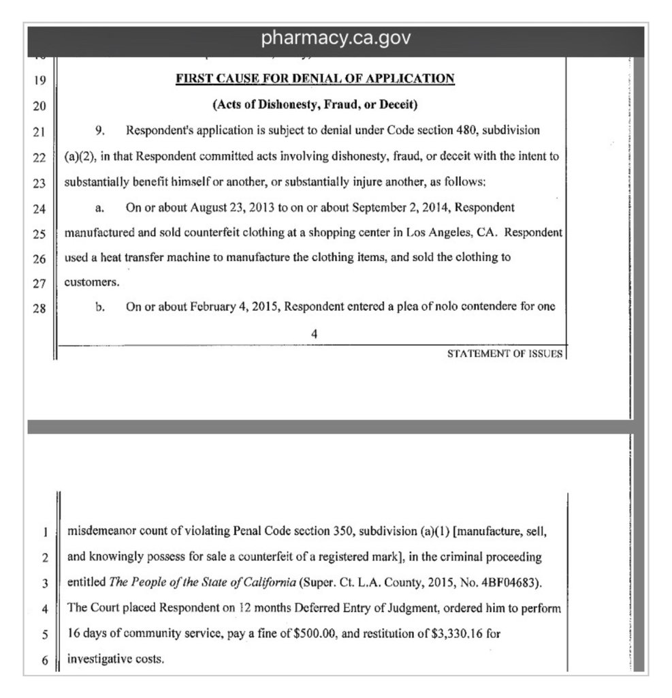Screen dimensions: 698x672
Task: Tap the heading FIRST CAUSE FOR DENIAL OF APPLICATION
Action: pos(315,78)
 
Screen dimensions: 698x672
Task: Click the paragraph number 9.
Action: pos(99,130)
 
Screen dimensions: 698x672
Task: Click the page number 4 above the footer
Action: pos(313,333)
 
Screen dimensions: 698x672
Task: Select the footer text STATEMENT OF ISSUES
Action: pos(505,354)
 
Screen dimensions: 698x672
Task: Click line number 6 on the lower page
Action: pos(42,661)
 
